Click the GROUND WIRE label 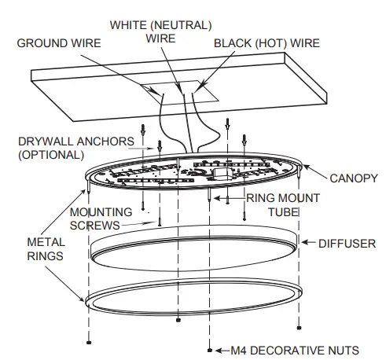(x=59, y=42)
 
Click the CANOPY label (x=354, y=178)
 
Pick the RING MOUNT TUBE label (x=283, y=204)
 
